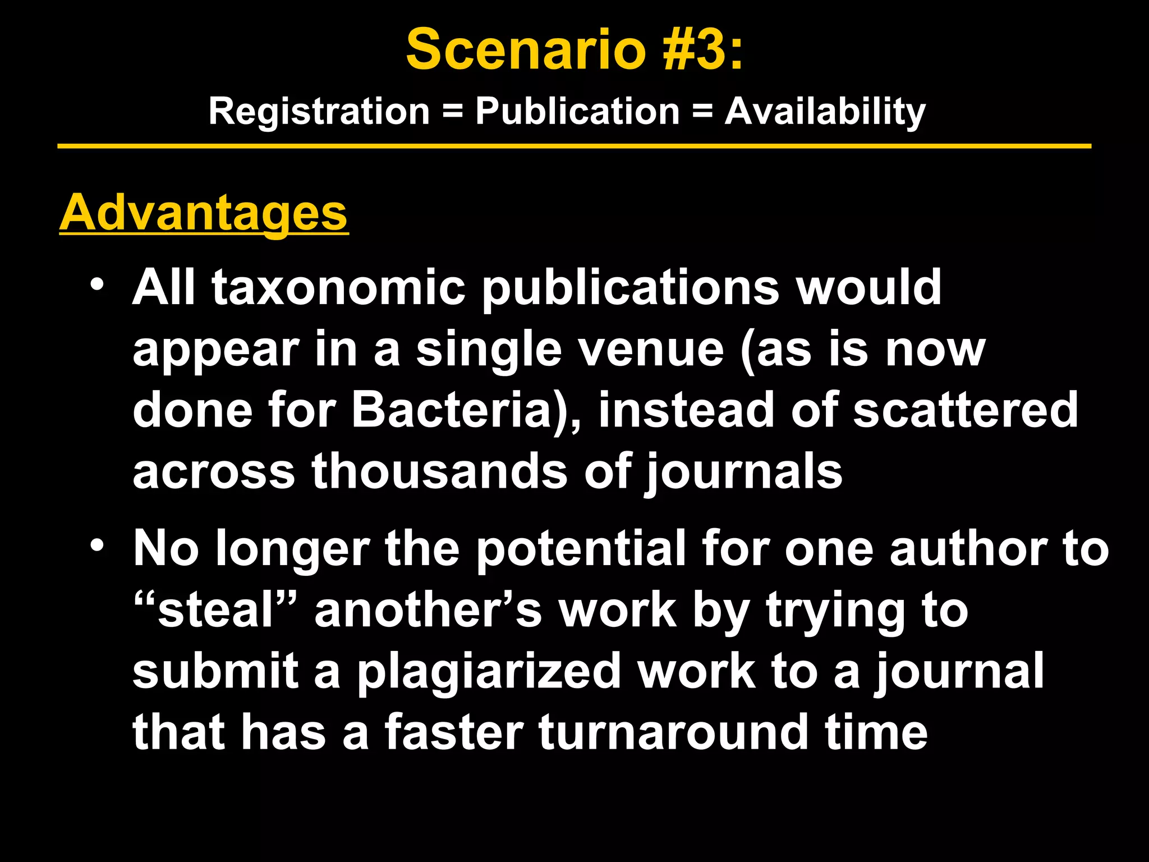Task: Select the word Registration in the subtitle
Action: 319,111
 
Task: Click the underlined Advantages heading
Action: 204,213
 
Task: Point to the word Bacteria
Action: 452,410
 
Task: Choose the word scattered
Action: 965,410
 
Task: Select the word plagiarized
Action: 489,672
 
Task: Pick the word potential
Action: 581,550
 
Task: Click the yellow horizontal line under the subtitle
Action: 574,146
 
